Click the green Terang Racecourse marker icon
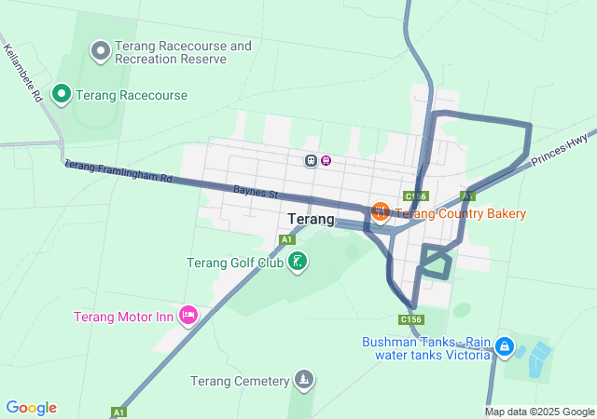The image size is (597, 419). [62, 93]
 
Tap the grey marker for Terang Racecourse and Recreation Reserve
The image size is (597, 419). [100, 48]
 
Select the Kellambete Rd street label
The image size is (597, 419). [23, 72]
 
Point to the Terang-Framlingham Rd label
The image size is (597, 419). [118, 171]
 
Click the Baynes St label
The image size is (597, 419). [257, 193]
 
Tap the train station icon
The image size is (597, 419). [310, 160]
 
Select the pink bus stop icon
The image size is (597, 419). [326, 160]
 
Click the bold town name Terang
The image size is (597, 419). [312, 220]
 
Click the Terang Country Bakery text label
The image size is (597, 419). [461, 213]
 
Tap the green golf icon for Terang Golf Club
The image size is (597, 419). [297, 262]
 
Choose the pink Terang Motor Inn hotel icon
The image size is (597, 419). [188, 316]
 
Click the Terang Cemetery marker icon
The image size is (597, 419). [303, 380]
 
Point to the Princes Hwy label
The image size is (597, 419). [560, 149]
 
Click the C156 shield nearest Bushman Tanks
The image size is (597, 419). [411, 319]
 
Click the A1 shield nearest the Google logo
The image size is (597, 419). [118, 412]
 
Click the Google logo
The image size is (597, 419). [32, 408]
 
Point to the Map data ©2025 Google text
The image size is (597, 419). [539, 412]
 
